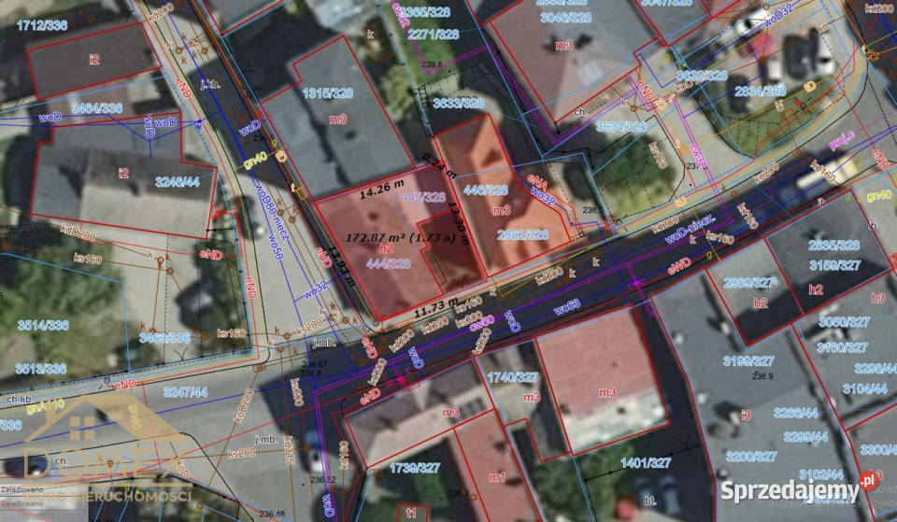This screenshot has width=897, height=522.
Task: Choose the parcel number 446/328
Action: [x=486, y=190]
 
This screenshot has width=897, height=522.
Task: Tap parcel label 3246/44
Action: [x=178, y=181]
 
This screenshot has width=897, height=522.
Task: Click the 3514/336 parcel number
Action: [x=43, y=324]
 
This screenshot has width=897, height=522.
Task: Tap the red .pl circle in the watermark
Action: [x=868, y=479]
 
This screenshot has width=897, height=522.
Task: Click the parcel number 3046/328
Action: [x=566, y=17]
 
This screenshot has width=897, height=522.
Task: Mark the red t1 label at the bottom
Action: [x=411, y=513]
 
